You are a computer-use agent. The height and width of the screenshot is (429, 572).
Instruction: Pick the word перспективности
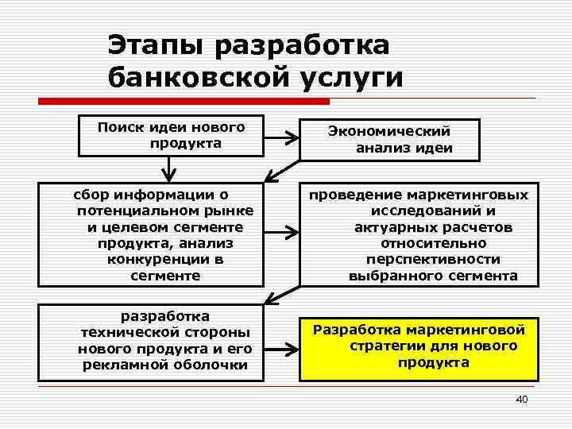click(433, 259)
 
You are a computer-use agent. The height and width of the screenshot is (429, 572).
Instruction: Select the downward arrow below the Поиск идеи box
click(168, 169)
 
